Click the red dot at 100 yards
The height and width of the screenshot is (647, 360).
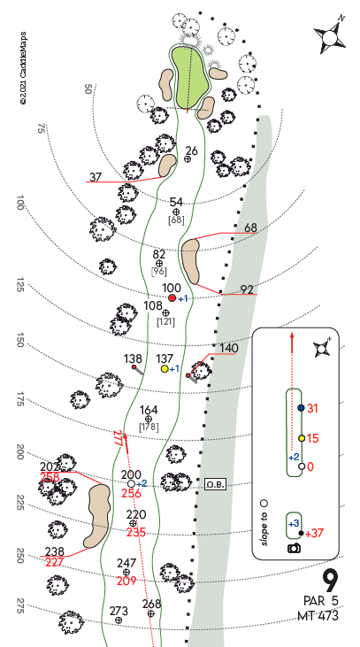tap(172, 298)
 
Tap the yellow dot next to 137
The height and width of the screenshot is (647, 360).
tap(165, 369)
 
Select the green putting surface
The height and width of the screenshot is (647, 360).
tap(189, 77)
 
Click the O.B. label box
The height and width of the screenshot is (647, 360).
tap(215, 484)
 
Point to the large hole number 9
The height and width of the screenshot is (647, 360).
tap(330, 582)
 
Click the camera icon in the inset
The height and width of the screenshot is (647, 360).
tap(294, 548)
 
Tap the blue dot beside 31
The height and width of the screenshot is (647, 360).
tap(301, 408)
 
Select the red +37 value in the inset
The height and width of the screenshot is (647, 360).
tap(314, 533)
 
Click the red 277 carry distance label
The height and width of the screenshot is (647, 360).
tap(118, 438)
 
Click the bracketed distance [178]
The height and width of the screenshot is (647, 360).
tap(149, 427)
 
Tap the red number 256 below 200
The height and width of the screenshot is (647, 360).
tap(131, 494)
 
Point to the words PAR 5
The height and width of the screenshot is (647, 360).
tap(320, 601)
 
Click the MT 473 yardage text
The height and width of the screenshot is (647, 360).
tap(318, 616)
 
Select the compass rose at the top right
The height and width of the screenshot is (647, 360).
tap(330, 37)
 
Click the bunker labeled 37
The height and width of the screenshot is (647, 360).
tap(167, 165)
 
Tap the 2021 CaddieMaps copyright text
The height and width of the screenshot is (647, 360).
tap(23, 68)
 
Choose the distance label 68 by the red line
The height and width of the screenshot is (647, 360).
tap(250, 227)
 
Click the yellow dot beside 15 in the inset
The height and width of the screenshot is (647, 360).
tap(302, 438)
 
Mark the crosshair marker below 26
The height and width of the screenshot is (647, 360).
tap(188, 158)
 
